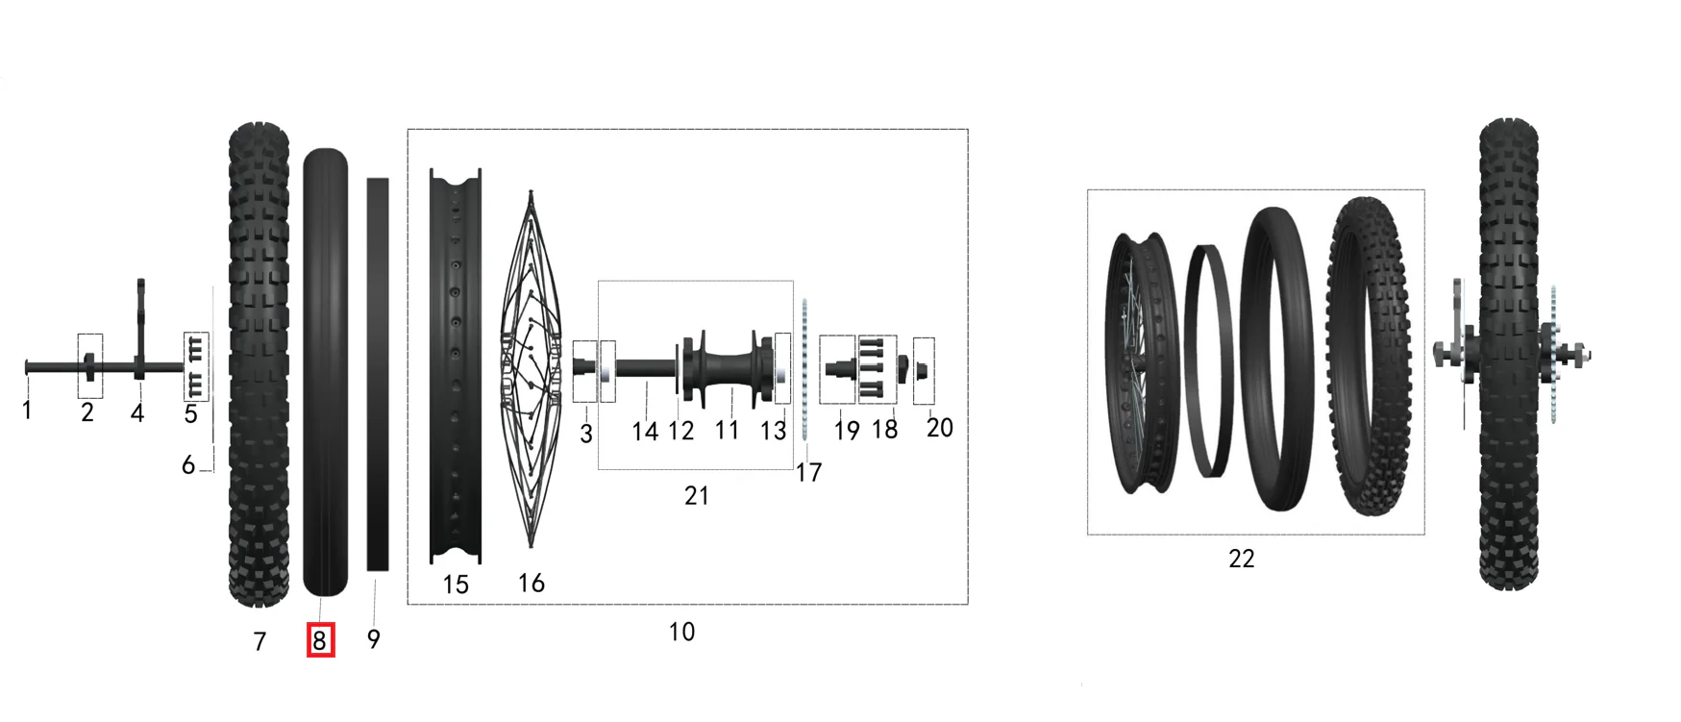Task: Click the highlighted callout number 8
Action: coord(320,640)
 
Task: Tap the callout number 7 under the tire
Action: coord(260,641)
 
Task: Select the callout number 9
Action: coord(374,639)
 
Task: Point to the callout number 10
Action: coord(681,632)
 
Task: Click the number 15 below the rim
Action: coord(456,585)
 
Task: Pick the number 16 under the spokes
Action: coord(531,583)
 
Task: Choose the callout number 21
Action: coord(697,495)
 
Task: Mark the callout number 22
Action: coord(1242,559)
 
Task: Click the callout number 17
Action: coord(809,472)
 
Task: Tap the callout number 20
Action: coord(940,427)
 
